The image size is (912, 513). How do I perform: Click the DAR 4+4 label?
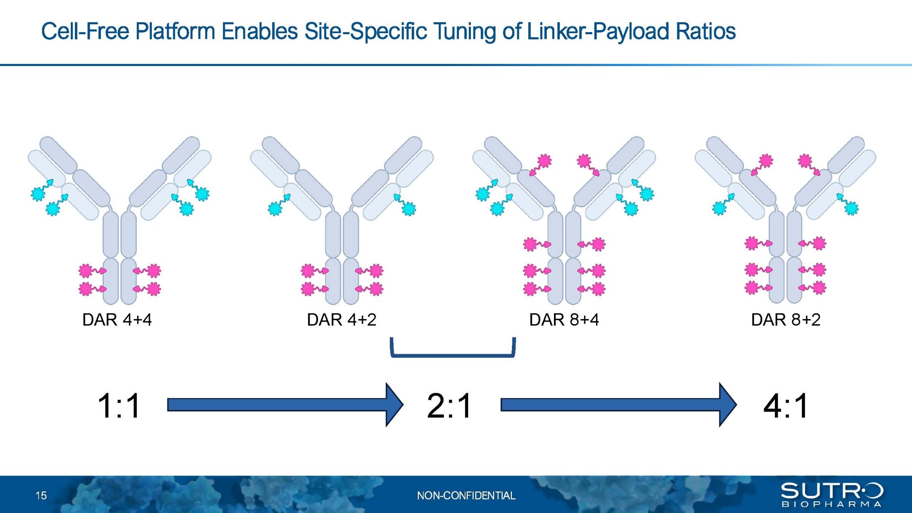[117, 320]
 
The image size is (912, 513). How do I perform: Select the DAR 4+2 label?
[341, 320]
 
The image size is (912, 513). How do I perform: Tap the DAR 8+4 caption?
[564, 320]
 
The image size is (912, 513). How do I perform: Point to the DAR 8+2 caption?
[786, 320]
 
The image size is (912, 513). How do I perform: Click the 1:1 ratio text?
[119, 405]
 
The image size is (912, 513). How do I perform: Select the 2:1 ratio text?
[449, 405]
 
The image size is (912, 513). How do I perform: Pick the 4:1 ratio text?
[786, 405]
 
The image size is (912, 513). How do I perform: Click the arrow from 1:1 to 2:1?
[285, 405]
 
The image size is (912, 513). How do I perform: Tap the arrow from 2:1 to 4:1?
[618, 405]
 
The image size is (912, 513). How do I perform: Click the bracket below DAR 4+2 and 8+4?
[453, 355]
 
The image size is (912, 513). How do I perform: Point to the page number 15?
[41, 495]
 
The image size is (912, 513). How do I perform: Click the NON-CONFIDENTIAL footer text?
[466, 495]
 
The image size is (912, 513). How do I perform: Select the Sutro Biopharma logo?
[832, 494]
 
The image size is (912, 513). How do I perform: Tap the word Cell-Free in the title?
[85, 31]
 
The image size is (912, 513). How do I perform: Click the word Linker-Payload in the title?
[597, 31]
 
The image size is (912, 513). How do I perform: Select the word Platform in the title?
[175, 31]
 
